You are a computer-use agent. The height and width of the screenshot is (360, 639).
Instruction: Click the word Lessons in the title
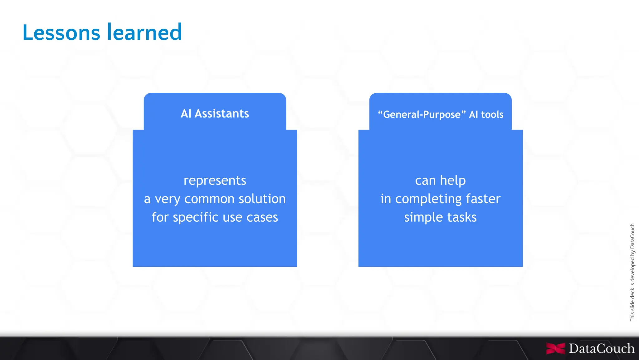click(x=61, y=32)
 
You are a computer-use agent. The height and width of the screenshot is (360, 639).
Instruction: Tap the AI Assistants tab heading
click(x=215, y=114)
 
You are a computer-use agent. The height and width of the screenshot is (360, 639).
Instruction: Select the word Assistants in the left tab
click(x=222, y=114)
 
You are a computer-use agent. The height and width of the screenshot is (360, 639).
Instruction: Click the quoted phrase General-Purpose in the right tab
click(x=422, y=115)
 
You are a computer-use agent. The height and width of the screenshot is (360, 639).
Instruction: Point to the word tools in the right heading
click(x=492, y=115)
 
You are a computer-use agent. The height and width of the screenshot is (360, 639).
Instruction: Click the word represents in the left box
click(x=215, y=180)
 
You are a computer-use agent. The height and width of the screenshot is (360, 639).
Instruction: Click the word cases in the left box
click(x=262, y=217)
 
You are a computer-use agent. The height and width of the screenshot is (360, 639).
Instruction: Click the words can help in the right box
click(x=440, y=180)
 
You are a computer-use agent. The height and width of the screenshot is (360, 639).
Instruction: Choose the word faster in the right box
click(x=483, y=199)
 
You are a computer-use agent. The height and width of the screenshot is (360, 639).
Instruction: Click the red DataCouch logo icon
click(x=555, y=348)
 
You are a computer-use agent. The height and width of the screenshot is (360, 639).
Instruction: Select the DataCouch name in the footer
click(x=601, y=348)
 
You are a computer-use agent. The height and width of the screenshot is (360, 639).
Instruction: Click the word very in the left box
click(x=167, y=199)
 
